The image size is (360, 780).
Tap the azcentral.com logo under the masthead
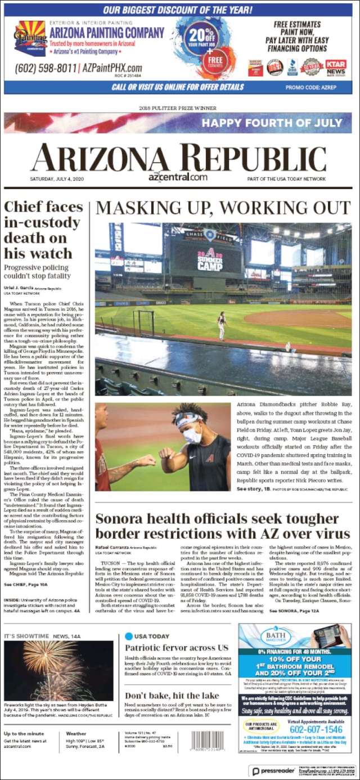(178, 177)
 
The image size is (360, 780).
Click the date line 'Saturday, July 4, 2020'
(58, 179)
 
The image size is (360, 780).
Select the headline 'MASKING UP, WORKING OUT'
(223, 208)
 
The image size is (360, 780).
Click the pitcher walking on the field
(222, 326)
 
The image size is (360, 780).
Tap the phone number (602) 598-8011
(46, 69)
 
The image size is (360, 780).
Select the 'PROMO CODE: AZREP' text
(315, 87)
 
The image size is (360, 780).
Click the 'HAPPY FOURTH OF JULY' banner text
(272, 123)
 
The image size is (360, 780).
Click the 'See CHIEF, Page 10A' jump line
(26, 585)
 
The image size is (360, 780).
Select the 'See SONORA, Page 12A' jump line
(296, 610)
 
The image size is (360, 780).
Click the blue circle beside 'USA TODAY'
(129, 636)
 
